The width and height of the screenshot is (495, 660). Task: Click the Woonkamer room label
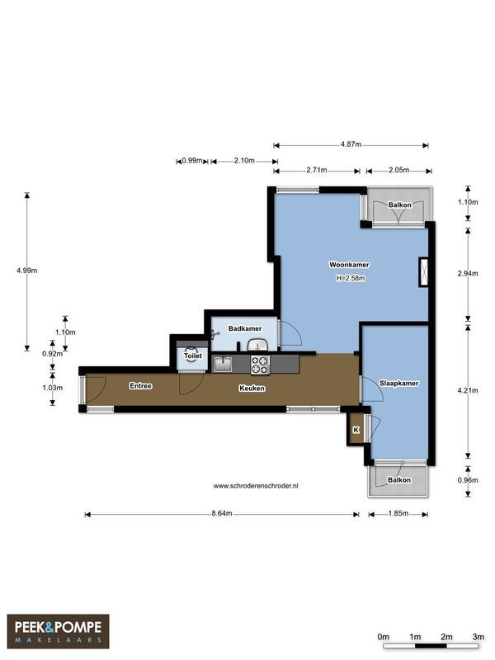(x=349, y=265)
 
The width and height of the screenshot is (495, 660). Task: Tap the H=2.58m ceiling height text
(x=350, y=278)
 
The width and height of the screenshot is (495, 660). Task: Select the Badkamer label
(x=245, y=328)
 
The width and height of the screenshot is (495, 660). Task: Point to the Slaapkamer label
(x=399, y=384)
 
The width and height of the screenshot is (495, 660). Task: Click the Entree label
(x=141, y=386)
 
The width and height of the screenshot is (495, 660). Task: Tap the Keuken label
(x=252, y=388)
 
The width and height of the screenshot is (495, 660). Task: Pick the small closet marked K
(x=356, y=430)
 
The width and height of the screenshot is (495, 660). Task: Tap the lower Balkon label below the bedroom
(x=399, y=479)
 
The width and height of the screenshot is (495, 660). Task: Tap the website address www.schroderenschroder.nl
(x=256, y=486)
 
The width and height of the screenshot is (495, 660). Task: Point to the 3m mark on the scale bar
(x=478, y=637)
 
